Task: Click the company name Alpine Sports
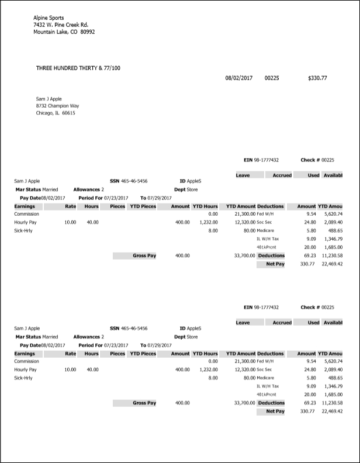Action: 49,18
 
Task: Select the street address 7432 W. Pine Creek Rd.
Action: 61,25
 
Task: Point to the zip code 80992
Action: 88,32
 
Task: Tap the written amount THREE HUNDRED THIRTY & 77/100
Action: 78,68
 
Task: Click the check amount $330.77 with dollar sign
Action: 317,78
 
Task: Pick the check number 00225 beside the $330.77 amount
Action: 272,78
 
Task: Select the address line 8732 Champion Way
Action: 57,106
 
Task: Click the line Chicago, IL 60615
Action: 56,113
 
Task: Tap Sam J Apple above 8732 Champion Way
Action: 49,99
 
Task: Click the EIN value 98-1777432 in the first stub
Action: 266,160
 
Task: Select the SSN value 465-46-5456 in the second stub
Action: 134,329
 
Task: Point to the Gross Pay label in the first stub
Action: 144,255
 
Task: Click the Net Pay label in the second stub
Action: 275,411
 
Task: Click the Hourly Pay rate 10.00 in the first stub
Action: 70,222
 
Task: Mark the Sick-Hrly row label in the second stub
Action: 25,378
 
